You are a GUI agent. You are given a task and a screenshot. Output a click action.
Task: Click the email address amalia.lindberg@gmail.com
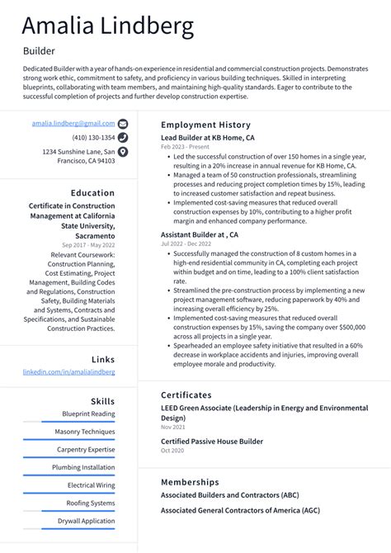point(73,123)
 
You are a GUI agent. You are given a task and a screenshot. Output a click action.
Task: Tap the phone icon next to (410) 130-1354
point(123,137)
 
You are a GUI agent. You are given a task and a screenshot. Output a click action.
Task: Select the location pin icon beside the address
point(123,152)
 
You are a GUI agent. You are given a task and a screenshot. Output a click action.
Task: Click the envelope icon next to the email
point(123,123)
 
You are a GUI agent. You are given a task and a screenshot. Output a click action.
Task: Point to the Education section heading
point(92,193)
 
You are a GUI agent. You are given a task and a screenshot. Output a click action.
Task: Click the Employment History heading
point(205,125)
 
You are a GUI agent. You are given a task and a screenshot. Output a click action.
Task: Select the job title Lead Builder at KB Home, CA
point(207,138)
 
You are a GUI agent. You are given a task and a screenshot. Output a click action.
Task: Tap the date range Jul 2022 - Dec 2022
point(186,244)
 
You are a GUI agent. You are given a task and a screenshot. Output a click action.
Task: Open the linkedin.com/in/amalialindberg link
point(68,372)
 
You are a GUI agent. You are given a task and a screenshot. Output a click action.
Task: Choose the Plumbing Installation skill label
point(83,467)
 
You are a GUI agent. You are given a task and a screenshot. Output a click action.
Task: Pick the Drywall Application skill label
point(86,521)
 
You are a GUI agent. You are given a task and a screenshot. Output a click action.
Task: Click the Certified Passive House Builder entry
point(213,442)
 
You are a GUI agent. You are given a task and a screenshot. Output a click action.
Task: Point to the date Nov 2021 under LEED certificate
point(172,427)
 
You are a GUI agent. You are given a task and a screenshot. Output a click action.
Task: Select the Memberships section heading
point(190,481)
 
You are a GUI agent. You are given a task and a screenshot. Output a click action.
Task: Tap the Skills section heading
point(103,400)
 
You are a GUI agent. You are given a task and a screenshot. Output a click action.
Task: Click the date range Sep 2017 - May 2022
point(88,245)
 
